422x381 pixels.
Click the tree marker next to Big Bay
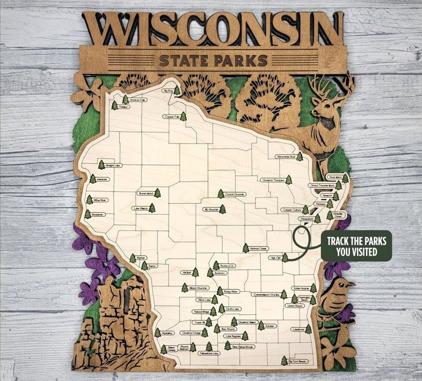[x=177, y=91]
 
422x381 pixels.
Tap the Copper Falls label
[x=172, y=116]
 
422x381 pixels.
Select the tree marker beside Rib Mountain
[x=222, y=209]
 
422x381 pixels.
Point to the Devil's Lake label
[x=233, y=309]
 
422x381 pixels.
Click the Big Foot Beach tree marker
[x=284, y=361]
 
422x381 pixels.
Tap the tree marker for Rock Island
[x=345, y=179]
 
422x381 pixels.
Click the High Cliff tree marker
[x=285, y=258]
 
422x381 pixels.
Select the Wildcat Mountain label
[x=197, y=288]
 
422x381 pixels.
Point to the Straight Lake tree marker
[x=102, y=165]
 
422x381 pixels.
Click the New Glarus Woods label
[x=243, y=347]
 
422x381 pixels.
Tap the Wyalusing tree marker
[x=157, y=333]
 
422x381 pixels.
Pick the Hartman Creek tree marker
[x=245, y=248]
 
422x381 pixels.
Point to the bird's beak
[x=353, y=283]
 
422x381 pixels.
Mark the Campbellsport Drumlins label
[x=266, y=295]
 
